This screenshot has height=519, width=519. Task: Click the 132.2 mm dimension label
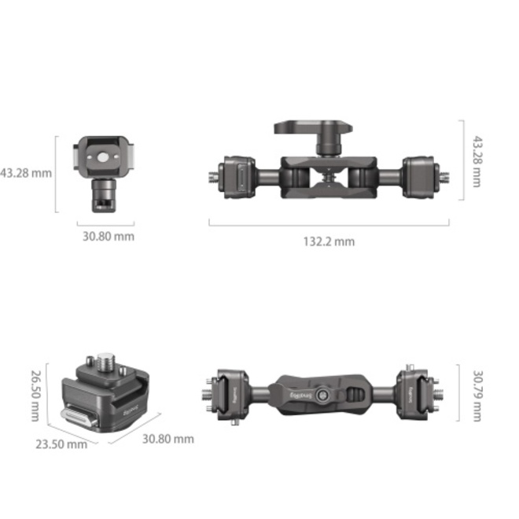(x=329, y=241)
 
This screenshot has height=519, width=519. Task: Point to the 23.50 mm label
(x=61, y=444)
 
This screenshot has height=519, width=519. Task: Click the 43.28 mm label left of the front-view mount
(x=26, y=171)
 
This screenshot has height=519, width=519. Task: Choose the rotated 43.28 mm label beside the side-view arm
(x=477, y=162)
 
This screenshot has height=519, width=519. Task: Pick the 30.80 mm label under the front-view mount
(x=109, y=235)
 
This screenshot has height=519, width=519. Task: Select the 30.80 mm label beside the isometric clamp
(x=167, y=439)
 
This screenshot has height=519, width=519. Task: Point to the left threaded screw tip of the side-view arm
(x=214, y=175)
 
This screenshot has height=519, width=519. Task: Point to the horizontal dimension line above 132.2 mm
(x=329, y=226)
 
